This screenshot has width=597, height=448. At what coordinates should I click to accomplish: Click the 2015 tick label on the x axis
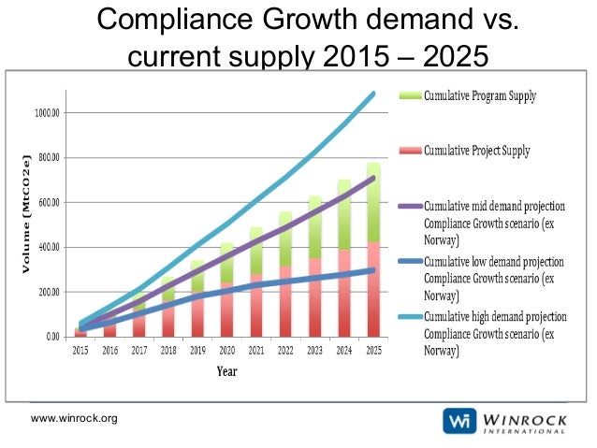coord(80,351)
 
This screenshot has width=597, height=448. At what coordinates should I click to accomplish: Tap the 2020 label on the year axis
coord(226,351)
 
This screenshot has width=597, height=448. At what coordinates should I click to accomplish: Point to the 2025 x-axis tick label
coord(372,351)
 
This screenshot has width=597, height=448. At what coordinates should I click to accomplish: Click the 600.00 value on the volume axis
coord(47,203)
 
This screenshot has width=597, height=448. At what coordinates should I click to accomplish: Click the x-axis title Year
coord(226,371)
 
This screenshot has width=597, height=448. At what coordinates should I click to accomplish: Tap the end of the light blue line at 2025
coord(374,94)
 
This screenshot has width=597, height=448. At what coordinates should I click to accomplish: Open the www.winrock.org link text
coord(75,418)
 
